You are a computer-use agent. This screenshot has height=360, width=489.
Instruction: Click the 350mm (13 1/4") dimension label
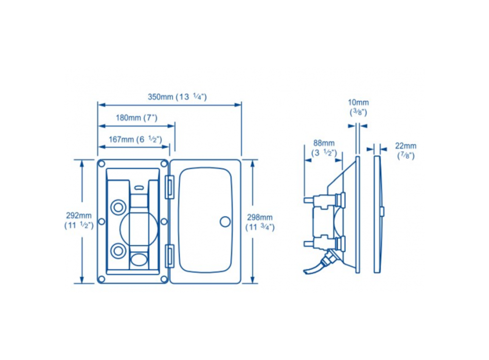(x=177, y=97)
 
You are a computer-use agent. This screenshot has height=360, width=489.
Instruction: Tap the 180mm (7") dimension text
(x=136, y=118)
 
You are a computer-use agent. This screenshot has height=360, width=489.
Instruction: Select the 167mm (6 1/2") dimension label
(x=135, y=139)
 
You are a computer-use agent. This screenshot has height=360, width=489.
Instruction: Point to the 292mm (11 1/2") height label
(x=79, y=221)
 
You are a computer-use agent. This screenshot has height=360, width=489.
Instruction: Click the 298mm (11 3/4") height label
(x=259, y=222)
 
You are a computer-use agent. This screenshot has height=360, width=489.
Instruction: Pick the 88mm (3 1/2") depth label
(x=324, y=148)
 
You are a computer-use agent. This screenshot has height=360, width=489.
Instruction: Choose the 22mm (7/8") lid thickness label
(x=406, y=150)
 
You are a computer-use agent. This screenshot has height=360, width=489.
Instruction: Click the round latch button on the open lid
(x=224, y=221)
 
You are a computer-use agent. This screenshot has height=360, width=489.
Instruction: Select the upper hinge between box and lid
(x=168, y=188)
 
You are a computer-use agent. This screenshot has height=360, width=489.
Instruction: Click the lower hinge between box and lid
(x=168, y=255)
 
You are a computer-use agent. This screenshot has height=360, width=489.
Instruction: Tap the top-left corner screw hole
(x=101, y=164)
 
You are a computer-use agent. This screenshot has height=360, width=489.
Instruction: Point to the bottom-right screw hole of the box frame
(x=164, y=279)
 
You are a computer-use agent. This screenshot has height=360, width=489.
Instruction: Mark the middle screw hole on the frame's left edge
(x=101, y=221)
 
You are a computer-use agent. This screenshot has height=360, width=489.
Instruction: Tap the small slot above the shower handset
(x=137, y=186)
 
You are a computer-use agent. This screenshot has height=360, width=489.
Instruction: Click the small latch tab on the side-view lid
(x=382, y=211)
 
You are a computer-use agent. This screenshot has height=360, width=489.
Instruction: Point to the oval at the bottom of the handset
(x=137, y=259)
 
